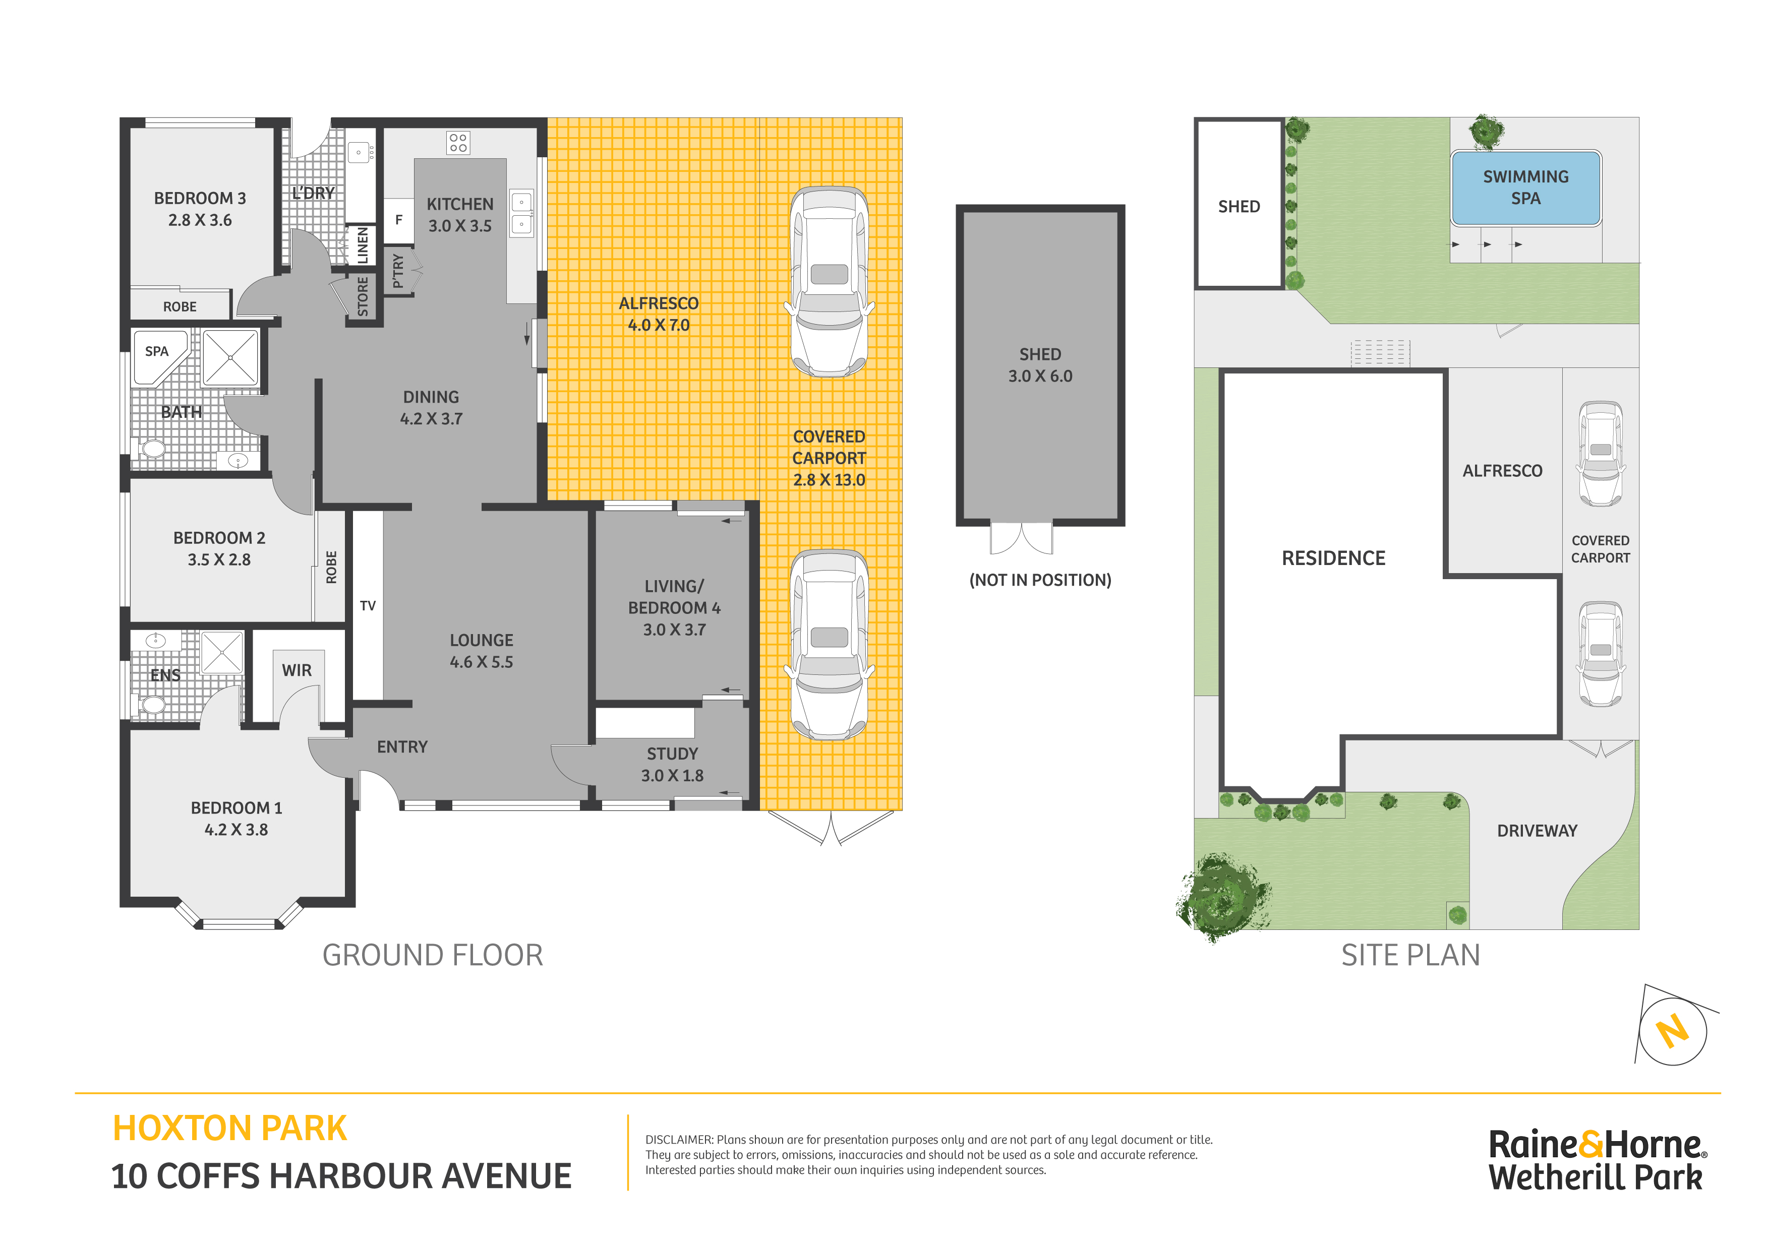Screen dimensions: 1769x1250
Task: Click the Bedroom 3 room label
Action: (200, 198)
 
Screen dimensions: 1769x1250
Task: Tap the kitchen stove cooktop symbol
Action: (458, 143)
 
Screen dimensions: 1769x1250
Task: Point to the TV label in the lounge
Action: (368, 606)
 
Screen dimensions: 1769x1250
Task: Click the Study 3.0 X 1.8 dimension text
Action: (672, 776)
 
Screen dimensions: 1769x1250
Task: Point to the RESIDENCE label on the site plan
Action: (1333, 558)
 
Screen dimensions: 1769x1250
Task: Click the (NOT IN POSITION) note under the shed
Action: (1040, 580)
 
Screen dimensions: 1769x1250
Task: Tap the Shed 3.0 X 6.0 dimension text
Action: (1040, 376)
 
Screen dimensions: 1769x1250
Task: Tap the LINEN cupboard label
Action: (362, 245)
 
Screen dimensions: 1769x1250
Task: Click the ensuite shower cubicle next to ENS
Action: (222, 652)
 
